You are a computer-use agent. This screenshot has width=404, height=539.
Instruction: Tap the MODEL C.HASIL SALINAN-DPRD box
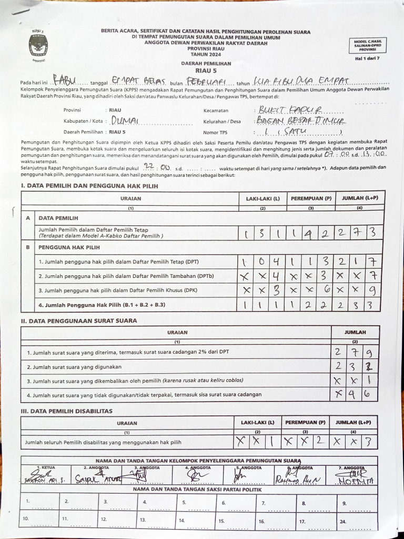pos(368,45)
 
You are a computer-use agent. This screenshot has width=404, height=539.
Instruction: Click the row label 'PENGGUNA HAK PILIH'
pos(69,246)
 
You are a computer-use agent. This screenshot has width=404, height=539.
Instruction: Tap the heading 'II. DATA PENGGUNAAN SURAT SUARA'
pos(78,321)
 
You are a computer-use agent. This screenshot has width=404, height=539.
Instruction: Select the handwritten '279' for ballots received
pos(355,352)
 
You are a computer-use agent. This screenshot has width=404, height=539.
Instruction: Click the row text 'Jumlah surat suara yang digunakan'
pos(74,366)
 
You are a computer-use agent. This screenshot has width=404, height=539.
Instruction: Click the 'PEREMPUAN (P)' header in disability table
pos(305,422)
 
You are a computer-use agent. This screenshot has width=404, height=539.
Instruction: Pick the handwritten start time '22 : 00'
pos(154,167)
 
